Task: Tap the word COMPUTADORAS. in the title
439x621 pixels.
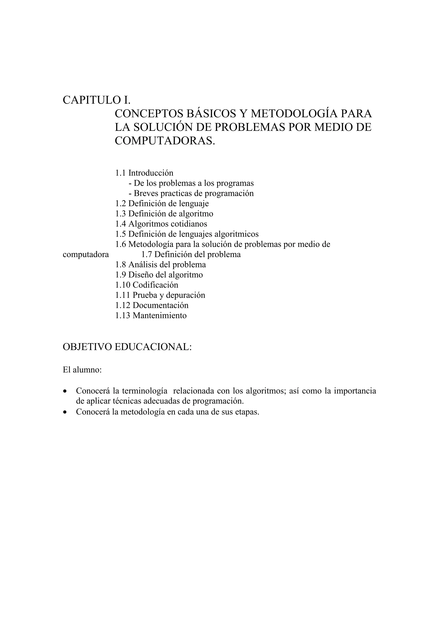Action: (x=165, y=141)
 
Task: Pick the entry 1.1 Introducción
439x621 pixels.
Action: (x=144, y=173)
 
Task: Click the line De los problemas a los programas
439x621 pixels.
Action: (x=191, y=183)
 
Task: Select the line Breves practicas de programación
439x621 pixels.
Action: (x=191, y=193)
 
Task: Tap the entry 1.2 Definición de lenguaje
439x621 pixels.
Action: (x=162, y=203)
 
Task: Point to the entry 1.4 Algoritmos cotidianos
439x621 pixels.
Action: (x=161, y=224)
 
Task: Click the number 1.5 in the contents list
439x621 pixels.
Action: (x=120, y=234)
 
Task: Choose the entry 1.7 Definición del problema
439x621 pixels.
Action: (x=191, y=255)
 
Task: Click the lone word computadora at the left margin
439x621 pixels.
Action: (x=86, y=255)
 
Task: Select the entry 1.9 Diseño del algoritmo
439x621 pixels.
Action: (x=159, y=275)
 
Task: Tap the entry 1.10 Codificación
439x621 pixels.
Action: (x=147, y=285)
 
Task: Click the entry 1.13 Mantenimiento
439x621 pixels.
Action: (x=151, y=315)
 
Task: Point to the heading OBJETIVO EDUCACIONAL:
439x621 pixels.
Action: (x=127, y=347)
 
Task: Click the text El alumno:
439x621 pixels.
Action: (x=82, y=370)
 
